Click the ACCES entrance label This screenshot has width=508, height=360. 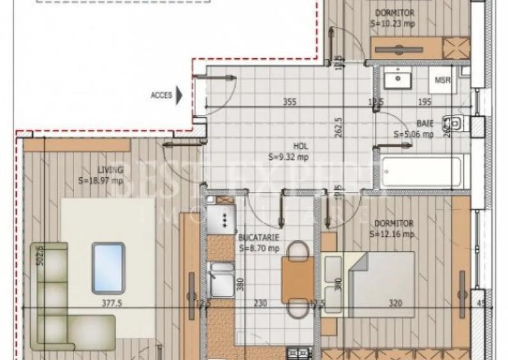coord(161,95)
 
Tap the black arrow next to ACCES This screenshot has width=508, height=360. coord(180,95)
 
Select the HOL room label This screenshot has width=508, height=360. coord(301,146)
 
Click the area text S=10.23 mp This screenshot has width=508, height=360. coord(393,24)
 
